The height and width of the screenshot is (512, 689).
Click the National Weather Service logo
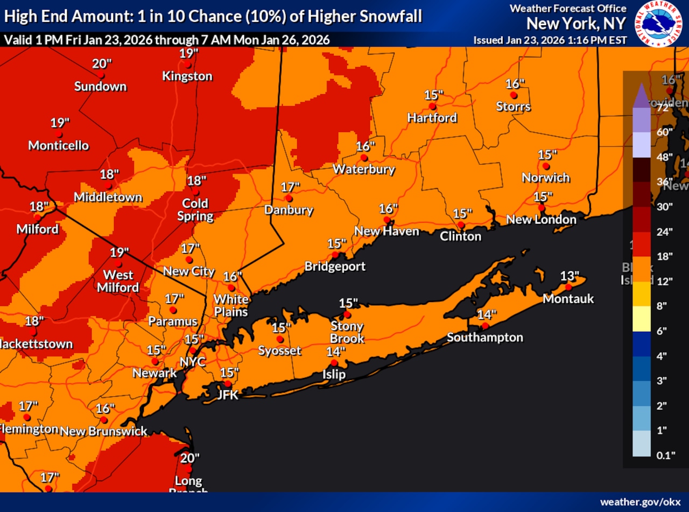click(x=660, y=24)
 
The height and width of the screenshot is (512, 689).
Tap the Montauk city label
click(x=568, y=298)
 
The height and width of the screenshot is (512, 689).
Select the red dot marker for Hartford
click(x=432, y=106)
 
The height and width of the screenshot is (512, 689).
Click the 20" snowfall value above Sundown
click(x=102, y=64)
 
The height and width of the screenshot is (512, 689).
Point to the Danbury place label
click(x=289, y=210)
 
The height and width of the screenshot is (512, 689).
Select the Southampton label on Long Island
click(x=484, y=338)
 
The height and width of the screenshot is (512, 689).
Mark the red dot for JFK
click(x=228, y=384)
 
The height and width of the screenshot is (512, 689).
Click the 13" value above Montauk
click(x=570, y=276)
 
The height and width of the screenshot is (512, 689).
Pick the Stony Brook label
click(x=347, y=332)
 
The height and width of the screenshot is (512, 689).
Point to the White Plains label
click(x=231, y=305)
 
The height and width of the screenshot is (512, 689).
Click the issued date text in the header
click(x=550, y=40)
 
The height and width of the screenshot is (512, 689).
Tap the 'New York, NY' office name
click(x=576, y=24)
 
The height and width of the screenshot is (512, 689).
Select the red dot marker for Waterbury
click(x=364, y=158)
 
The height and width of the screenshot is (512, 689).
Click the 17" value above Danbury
click(x=290, y=187)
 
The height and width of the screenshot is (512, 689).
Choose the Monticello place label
click(x=58, y=145)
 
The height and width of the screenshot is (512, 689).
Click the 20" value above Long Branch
click(x=189, y=458)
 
